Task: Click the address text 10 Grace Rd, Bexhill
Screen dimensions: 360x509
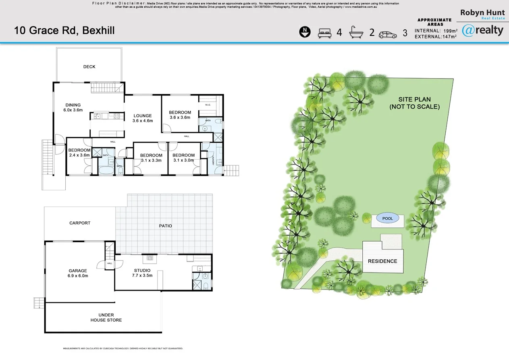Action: coord(64,31)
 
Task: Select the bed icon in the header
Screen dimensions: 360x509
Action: coord(324,33)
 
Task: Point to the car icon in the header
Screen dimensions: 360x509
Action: coord(388,34)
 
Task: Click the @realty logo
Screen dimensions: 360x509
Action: coord(483,30)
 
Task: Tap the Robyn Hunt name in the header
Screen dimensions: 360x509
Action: coord(482,13)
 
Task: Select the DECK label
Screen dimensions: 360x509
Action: coord(89,67)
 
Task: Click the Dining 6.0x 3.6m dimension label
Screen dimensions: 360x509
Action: coord(73,108)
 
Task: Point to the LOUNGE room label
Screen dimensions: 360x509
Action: coord(143,118)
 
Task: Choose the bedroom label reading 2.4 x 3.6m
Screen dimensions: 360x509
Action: coord(79,153)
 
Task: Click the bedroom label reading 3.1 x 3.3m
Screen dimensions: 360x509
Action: coord(151,158)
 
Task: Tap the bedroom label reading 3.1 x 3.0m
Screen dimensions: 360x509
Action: coord(183,158)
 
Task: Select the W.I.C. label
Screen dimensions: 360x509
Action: coord(208,105)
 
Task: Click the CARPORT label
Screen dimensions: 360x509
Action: coord(80,223)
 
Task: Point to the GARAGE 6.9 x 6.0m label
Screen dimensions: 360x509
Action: coord(77,273)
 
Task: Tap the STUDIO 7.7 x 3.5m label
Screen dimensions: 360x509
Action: coord(142,273)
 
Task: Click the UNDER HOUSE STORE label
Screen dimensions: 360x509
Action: coord(106,318)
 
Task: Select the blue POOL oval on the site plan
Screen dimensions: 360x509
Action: coord(387,218)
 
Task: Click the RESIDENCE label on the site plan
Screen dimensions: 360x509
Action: coord(382,261)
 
